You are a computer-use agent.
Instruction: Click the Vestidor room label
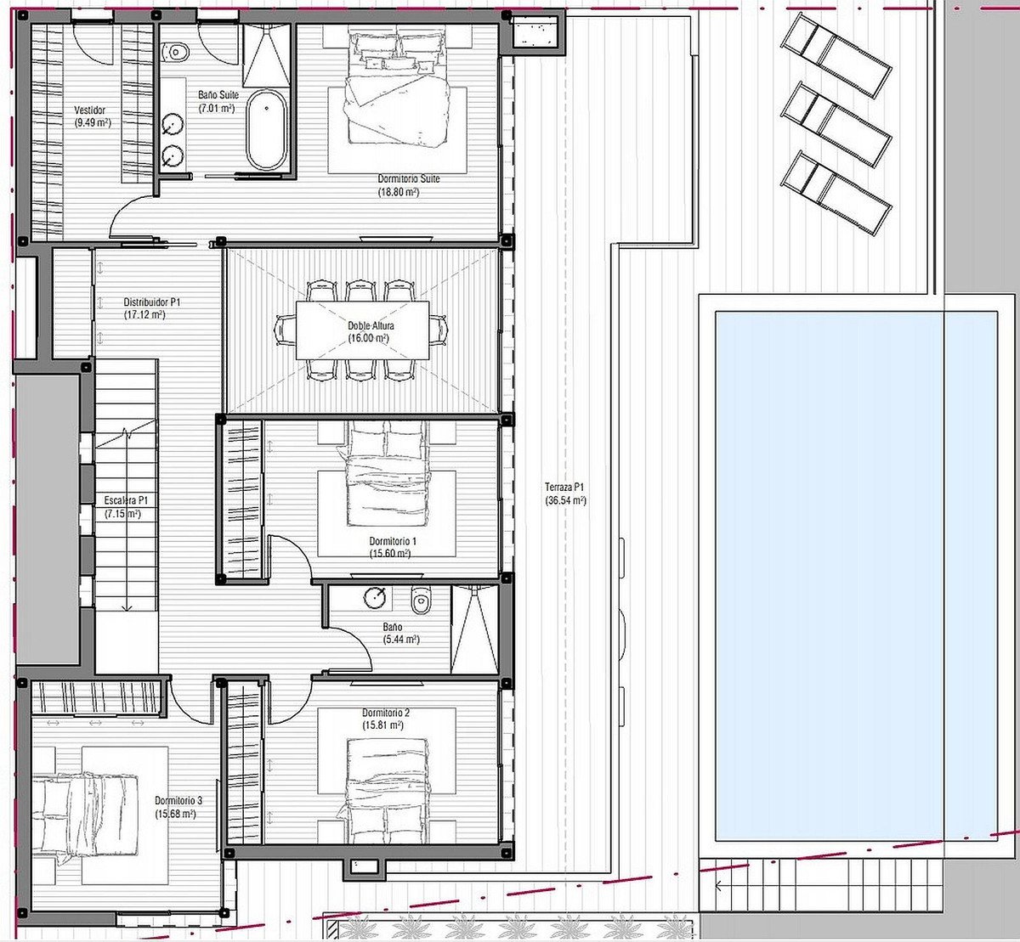pyautogui.click(x=90, y=110)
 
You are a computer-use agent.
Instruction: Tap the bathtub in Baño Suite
pyautogui.click(x=266, y=130)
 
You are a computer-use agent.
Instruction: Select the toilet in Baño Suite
pyautogui.click(x=175, y=52)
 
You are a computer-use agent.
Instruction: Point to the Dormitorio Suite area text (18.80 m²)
pyautogui.click(x=399, y=193)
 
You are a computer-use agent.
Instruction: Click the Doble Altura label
pyautogui.click(x=371, y=325)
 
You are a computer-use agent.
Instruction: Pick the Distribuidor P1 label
pyautogui.click(x=152, y=302)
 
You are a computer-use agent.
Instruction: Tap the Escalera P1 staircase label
pyautogui.click(x=127, y=500)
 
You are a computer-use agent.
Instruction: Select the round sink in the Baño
pyautogui.click(x=374, y=597)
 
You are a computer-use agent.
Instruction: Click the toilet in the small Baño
pyautogui.click(x=421, y=600)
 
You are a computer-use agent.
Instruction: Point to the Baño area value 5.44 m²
pyautogui.click(x=400, y=640)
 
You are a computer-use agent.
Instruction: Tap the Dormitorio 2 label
pyautogui.click(x=386, y=713)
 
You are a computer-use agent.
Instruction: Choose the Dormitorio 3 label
pyautogui.click(x=178, y=801)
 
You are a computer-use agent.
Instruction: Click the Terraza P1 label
pyautogui.click(x=565, y=487)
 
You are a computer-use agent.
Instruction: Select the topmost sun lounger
pyautogui.click(x=836, y=55)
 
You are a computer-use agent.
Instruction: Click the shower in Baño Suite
pyautogui.click(x=267, y=55)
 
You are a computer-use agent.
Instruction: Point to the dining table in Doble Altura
pyautogui.click(x=362, y=330)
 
